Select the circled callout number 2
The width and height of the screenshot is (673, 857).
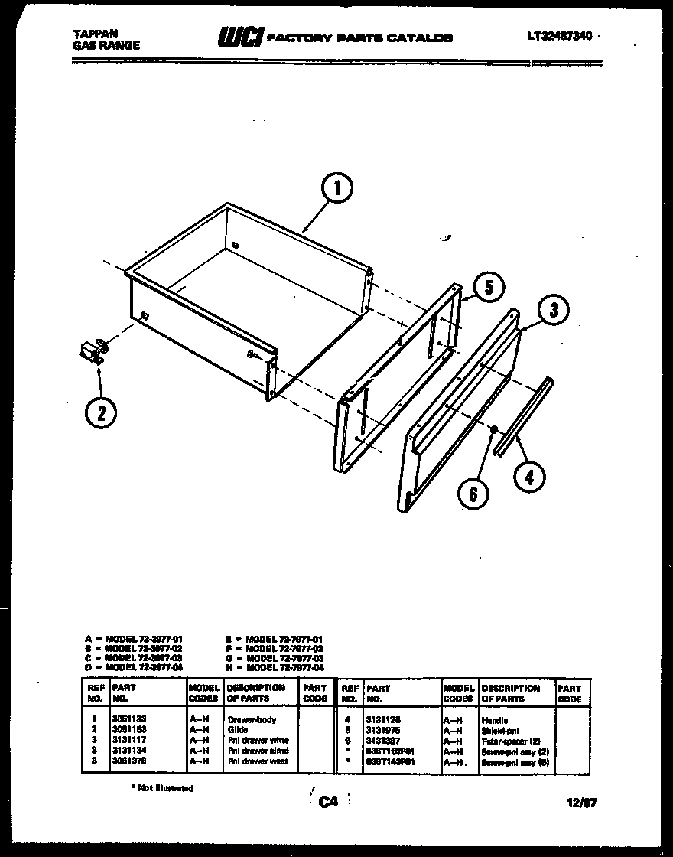point(101,412)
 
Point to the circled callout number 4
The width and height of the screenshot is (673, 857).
point(529,477)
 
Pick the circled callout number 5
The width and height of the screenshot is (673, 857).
point(489,287)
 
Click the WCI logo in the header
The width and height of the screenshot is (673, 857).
point(241,37)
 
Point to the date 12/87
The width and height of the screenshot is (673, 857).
point(584,802)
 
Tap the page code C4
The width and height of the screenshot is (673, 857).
point(328,801)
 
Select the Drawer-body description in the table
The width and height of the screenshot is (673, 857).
point(252,720)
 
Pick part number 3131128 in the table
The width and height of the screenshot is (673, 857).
point(384,720)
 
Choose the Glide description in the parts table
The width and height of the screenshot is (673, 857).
point(237,730)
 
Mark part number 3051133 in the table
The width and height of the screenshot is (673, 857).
point(129,720)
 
